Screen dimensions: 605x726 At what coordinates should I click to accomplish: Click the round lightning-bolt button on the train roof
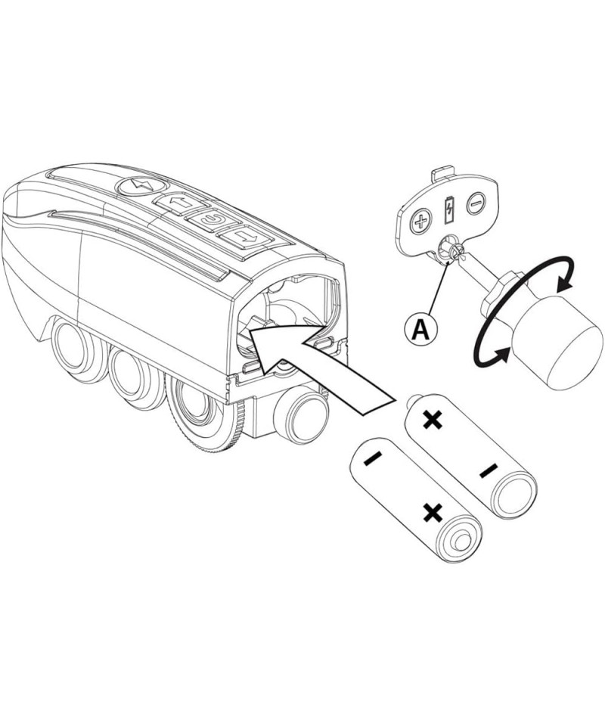click(x=140, y=186)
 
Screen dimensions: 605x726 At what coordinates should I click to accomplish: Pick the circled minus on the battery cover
click(x=476, y=203)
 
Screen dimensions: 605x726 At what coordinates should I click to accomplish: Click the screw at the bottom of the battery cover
click(x=457, y=250)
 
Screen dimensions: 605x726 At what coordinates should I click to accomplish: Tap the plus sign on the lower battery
click(x=433, y=513)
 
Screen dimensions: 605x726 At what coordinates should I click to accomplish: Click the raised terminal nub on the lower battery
click(x=459, y=541)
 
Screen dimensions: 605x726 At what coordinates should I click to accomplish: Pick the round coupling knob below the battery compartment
click(x=302, y=414)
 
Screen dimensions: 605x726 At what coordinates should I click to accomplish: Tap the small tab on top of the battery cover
click(x=442, y=174)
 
